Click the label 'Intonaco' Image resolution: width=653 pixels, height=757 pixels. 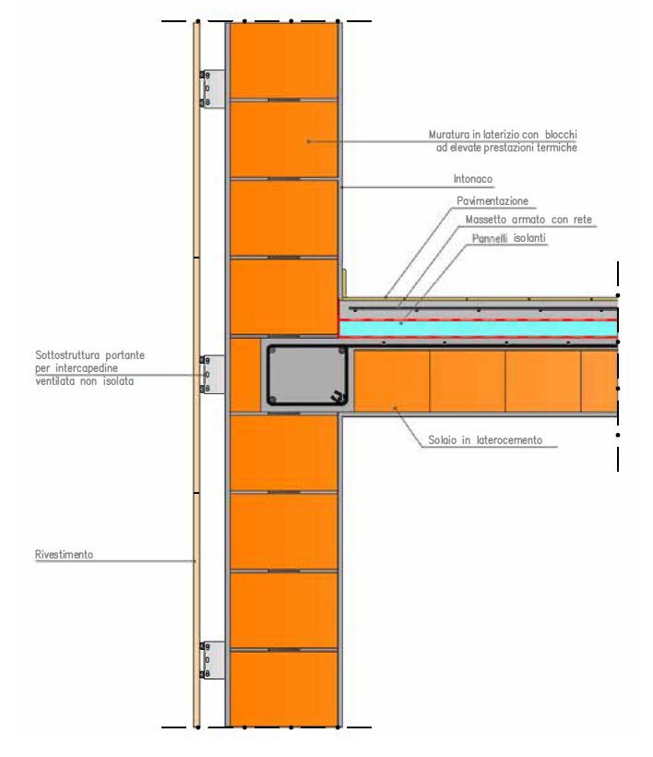pyautogui.click(x=472, y=179)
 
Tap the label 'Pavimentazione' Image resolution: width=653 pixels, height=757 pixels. pyautogui.click(x=493, y=201)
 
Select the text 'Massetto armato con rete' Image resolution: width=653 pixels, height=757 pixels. pyautogui.click(x=528, y=220)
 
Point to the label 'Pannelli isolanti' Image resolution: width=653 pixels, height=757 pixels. pyautogui.click(x=509, y=238)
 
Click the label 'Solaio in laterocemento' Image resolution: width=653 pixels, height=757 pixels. pyautogui.click(x=485, y=440)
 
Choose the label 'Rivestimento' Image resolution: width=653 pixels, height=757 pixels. pyautogui.click(x=65, y=554)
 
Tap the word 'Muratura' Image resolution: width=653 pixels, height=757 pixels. pyautogui.click(x=449, y=135)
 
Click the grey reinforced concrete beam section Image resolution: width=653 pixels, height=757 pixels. pyautogui.click(x=307, y=375)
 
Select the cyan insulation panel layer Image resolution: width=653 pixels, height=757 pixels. pyautogui.click(x=479, y=329)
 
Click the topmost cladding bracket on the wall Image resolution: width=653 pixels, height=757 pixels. pyautogui.click(x=213, y=89)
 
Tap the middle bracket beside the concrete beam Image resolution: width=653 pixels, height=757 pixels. pyautogui.click(x=213, y=374)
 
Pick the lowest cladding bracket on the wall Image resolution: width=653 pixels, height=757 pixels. pyautogui.click(x=213, y=660)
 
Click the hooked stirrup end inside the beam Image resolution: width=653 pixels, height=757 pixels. pyautogui.click(x=338, y=395)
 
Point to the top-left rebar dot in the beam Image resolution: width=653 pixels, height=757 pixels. pyautogui.click(x=273, y=351)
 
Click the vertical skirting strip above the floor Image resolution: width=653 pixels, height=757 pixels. pyautogui.click(x=344, y=283)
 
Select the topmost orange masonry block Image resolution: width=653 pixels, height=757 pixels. pyautogui.click(x=283, y=60)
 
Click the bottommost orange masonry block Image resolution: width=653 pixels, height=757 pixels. pyautogui.click(x=283, y=689)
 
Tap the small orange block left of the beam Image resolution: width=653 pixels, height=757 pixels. pyautogui.click(x=245, y=375)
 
